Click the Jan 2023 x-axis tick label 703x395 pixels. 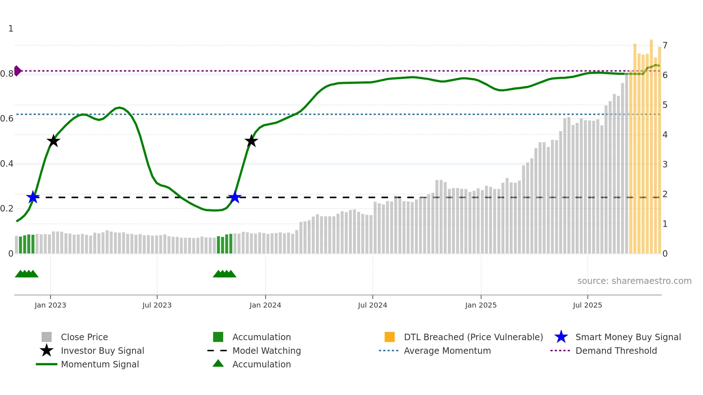click(50, 305)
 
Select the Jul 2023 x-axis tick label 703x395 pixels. click(157, 305)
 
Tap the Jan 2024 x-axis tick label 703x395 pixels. click(265, 305)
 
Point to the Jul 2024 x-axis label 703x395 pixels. click(372, 305)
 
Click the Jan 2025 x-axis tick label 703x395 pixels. click(481, 305)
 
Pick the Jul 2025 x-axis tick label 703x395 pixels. click(587, 305)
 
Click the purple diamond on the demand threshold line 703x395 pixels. click(17, 71)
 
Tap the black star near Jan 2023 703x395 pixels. click(53, 141)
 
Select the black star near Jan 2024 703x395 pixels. click(251, 141)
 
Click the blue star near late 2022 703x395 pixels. click(33, 197)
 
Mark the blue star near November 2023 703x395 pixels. click(235, 197)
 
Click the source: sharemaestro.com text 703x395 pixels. click(634, 281)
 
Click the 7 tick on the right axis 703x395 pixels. click(665, 46)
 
